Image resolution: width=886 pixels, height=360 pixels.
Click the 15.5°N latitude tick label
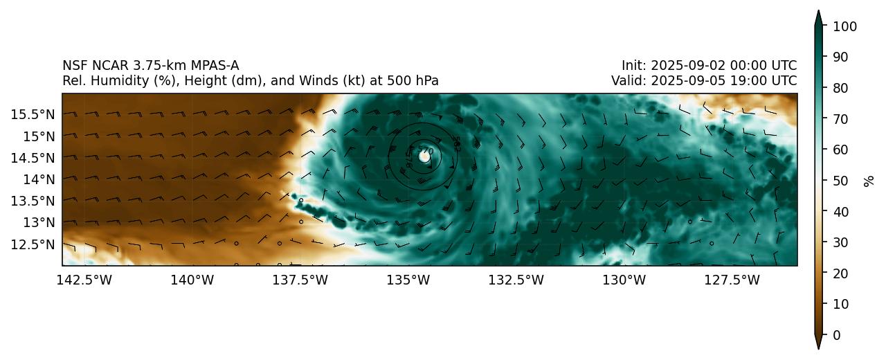pyautogui.click(x=33, y=114)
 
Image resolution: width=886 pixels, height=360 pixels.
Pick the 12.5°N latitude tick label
pyautogui.click(x=33, y=244)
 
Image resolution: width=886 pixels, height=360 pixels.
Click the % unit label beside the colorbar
pyautogui.click(x=869, y=181)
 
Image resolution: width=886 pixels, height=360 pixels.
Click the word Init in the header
pyautogui.click(x=631, y=66)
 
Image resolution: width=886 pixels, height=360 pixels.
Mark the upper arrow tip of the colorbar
pyautogui.click(x=818, y=11)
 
